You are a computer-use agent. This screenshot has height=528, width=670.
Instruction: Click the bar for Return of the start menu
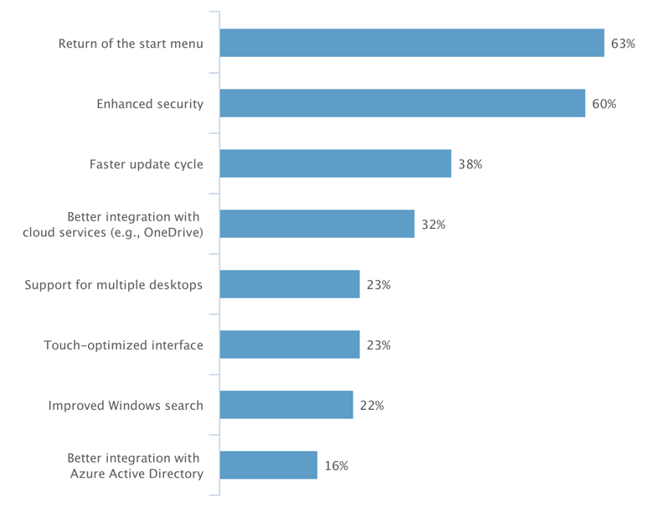(412, 44)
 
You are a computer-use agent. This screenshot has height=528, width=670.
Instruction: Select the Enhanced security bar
(402, 104)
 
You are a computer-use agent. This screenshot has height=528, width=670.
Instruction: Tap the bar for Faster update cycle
(336, 164)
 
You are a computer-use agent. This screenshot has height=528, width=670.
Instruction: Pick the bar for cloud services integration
(317, 225)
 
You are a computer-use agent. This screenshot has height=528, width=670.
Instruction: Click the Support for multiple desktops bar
(290, 285)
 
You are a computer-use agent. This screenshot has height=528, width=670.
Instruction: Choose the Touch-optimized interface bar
(290, 345)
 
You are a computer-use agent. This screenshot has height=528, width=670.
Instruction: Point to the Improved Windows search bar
(286, 406)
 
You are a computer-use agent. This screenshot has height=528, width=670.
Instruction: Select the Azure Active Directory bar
(269, 465)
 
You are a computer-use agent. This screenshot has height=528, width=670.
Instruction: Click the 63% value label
(623, 44)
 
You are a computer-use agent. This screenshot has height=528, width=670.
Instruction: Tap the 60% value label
(604, 104)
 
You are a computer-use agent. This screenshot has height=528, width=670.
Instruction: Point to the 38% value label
(470, 164)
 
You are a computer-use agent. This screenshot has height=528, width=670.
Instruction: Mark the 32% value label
(433, 225)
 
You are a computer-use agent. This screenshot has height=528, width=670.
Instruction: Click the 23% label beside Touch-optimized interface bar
(379, 345)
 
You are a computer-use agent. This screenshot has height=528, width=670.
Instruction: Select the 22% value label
(372, 406)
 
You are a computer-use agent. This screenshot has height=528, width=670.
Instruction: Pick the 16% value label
(336, 466)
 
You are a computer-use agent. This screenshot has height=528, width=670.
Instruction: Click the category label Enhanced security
(150, 104)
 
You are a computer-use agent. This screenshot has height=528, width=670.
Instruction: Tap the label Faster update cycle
(147, 164)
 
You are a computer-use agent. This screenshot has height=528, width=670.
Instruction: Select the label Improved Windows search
(126, 406)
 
